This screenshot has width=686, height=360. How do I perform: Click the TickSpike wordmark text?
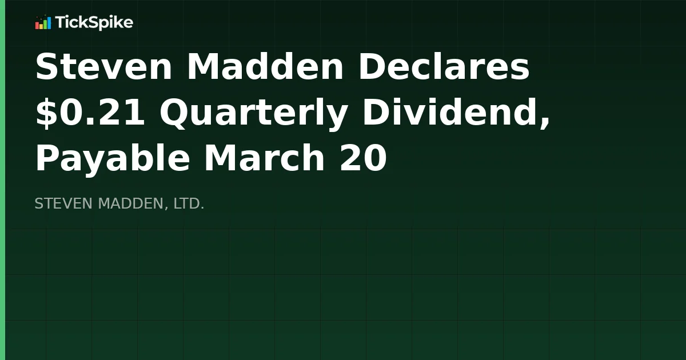[94, 23]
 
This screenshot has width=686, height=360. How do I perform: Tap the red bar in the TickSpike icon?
[37, 26]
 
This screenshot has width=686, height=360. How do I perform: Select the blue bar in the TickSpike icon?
[49, 23]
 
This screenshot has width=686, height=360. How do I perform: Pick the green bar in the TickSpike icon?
[45, 24]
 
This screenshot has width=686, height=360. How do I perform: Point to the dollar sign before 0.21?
[45, 113]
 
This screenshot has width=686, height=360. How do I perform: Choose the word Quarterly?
[254, 113]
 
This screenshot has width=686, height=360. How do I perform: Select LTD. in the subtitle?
[189, 203]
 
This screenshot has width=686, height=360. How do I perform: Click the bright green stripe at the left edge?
[2, 180]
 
